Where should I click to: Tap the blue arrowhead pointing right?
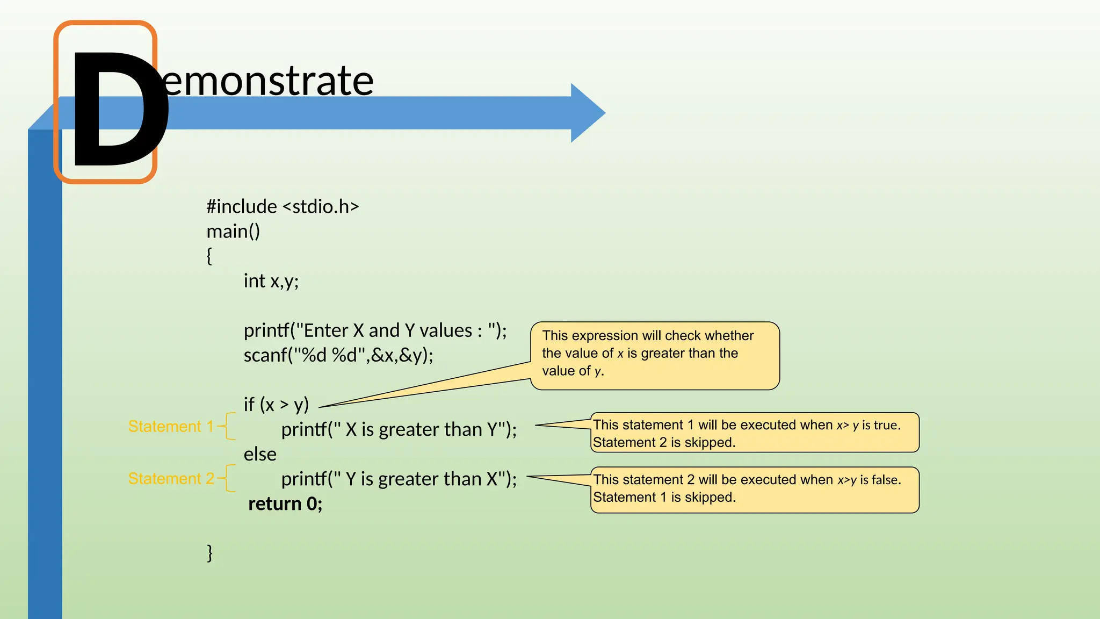click(x=588, y=113)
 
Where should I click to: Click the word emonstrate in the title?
click(x=269, y=81)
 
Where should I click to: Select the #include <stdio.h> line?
click(x=283, y=206)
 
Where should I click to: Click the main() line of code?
click(x=233, y=231)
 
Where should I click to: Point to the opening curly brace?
click(x=209, y=256)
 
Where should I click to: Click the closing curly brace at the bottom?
click(x=209, y=552)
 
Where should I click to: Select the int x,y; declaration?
click(x=271, y=280)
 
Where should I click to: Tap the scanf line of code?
click(x=338, y=355)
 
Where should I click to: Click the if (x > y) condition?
click(x=276, y=404)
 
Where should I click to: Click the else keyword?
click(x=260, y=454)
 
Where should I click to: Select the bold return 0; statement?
click(x=285, y=503)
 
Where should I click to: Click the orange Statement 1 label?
click(x=171, y=426)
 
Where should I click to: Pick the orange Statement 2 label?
click(x=171, y=478)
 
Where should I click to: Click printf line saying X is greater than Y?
click(x=399, y=429)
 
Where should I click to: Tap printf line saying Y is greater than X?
click(x=399, y=479)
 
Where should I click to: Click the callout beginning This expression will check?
click(x=654, y=355)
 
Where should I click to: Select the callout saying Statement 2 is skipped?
click(x=754, y=433)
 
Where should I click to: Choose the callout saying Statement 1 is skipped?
click(x=754, y=489)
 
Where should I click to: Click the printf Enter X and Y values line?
click(x=375, y=330)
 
